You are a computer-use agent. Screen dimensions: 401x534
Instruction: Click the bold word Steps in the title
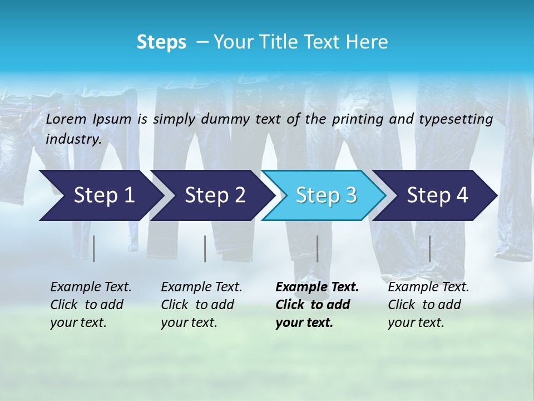(x=161, y=42)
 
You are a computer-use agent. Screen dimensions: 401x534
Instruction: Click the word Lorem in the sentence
(x=66, y=119)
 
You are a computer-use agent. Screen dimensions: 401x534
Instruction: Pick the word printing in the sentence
(x=359, y=119)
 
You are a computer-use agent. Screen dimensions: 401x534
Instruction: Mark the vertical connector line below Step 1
(x=94, y=248)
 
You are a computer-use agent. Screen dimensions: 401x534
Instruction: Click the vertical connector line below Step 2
(x=205, y=248)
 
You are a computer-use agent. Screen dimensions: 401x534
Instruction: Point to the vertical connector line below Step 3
(x=317, y=248)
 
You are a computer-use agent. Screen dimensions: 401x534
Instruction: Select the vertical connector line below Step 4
(x=429, y=248)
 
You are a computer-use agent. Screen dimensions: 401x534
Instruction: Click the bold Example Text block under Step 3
(x=317, y=305)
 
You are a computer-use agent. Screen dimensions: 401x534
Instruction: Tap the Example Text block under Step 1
(x=91, y=305)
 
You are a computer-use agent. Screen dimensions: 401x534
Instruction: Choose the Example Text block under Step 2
(x=201, y=305)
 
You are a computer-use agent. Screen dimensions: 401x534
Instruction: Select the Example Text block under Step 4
(x=428, y=305)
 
